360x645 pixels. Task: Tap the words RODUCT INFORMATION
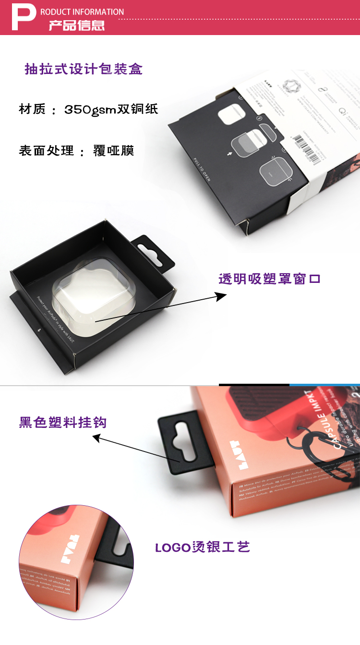coord(82,12)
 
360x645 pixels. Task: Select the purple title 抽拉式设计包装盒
coord(84,69)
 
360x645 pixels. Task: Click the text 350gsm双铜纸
coord(111,110)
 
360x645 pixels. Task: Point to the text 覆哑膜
coord(113,151)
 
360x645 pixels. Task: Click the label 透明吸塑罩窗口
coord(269,279)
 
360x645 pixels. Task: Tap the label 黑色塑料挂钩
coord(63,423)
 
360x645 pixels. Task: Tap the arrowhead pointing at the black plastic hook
coord(96,437)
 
